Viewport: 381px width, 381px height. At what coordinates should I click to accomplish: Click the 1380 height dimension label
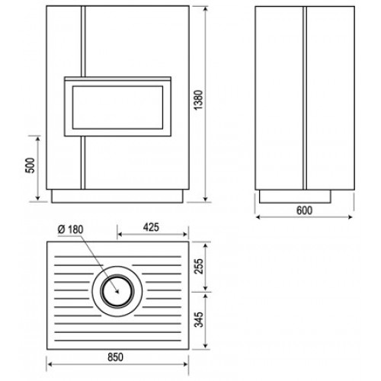point(198,100)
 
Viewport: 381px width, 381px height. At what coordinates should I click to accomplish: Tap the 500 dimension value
point(30,165)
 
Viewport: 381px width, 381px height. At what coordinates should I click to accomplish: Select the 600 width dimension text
point(304,210)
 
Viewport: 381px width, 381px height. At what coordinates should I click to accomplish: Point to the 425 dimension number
point(151,227)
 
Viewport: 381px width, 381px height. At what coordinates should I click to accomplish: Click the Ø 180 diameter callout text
point(70,229)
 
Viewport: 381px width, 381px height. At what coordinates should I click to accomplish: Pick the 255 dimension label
point(199,266)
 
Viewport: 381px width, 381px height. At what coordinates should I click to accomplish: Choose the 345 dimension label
point(199,319)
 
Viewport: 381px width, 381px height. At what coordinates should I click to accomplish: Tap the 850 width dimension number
point(115,357)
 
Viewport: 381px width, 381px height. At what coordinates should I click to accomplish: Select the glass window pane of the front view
point(117,107)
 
